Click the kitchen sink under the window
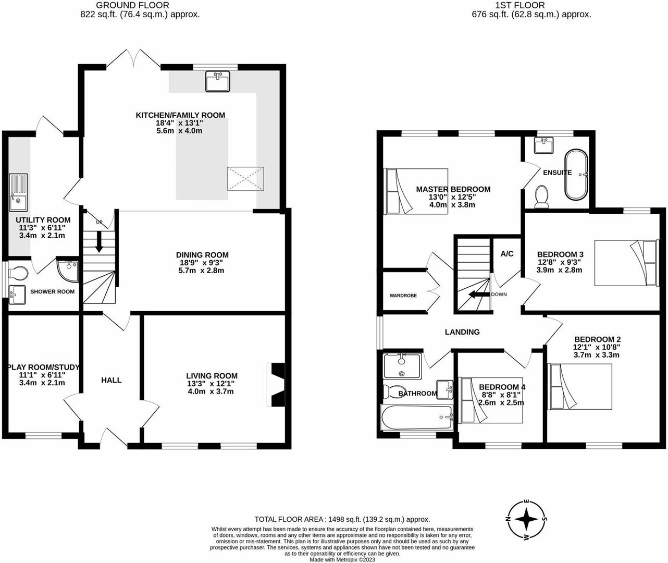pos(218,82)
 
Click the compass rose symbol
pos(527,520)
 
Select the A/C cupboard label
pos(507,254)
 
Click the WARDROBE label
pos(403,296)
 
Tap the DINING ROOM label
pos(202,255)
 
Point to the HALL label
pos(112,380)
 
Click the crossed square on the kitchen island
pos(245,179)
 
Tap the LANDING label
pos(462,332)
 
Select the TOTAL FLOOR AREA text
pos(342,519)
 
